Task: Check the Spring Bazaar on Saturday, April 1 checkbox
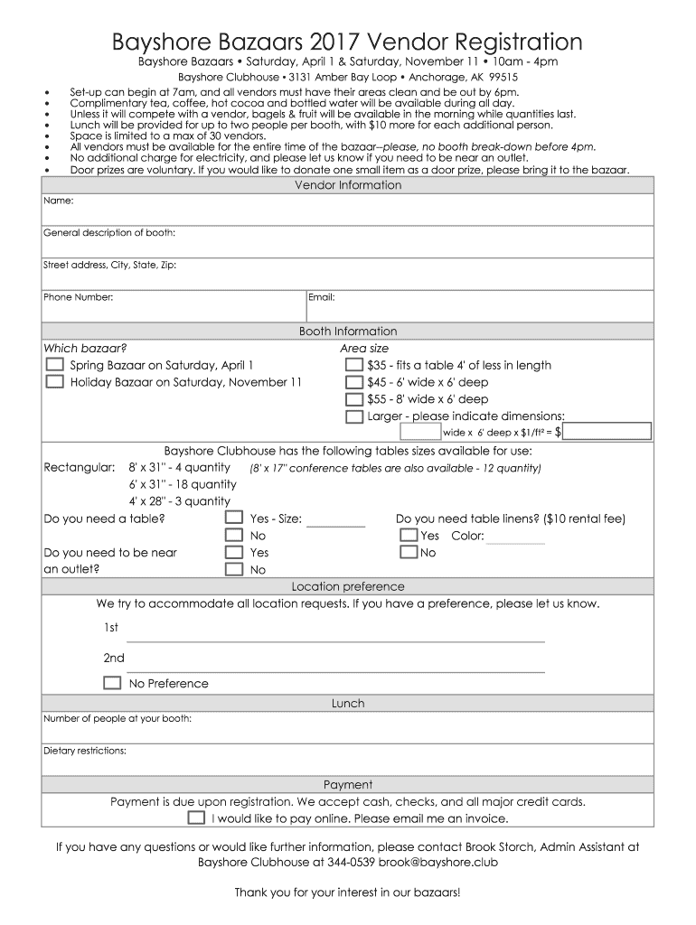point(54,365)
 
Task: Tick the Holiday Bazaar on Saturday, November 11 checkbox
point(54,382)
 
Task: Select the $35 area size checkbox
point(354,365)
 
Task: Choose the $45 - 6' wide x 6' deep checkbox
point(354,382)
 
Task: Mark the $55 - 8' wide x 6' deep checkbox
point(354,399)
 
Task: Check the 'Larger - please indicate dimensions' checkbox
point(354,416)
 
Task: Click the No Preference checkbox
point(112,683)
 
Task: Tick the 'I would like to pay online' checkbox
point(196,818)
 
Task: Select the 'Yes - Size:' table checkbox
point(234,519)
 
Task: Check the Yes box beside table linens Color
point(408,536)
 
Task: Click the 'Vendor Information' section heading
point(348,185)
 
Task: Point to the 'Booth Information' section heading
point(348,332)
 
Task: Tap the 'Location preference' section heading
point(348,587)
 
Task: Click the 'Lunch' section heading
point(348,703)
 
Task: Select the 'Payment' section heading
point(348,785)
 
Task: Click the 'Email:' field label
point(322,297)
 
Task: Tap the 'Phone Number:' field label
point(79,297)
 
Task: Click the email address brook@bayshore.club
point(437,862)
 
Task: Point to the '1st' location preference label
point(110,627)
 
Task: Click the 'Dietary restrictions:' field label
point(85,751)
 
